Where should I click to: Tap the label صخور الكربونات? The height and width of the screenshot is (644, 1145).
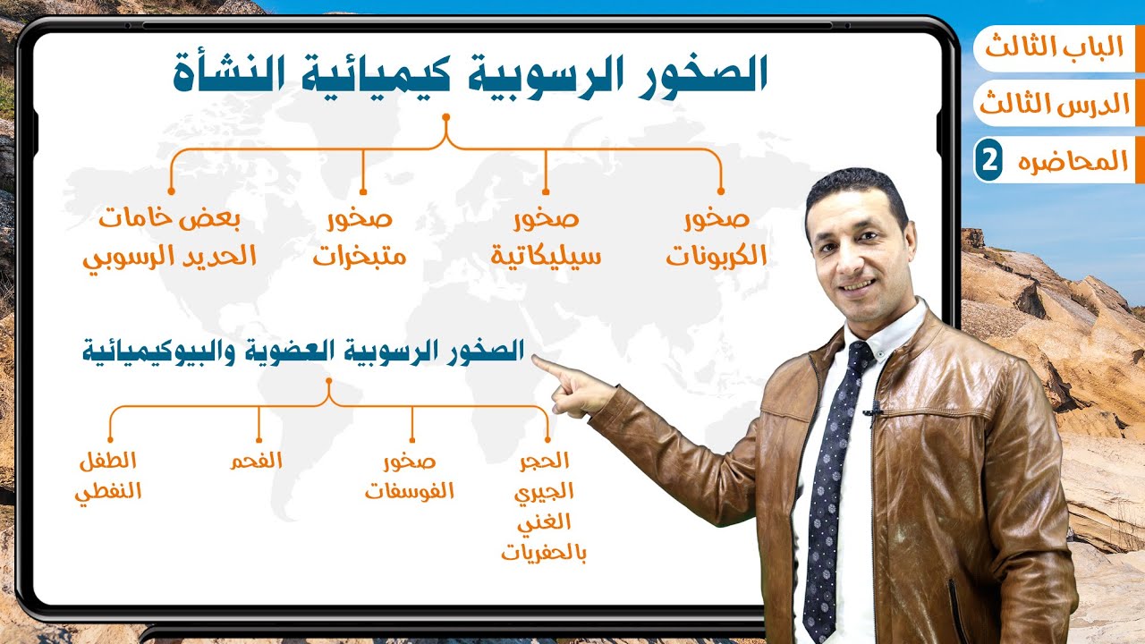pyautogui.click(x=717, y=239)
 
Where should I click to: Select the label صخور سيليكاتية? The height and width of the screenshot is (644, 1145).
pyautogui.click(x=546, y=239)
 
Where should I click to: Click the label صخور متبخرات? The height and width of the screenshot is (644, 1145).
pyautogui.click(x=360, y=239)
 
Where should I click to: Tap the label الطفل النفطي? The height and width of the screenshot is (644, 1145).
pyautogui.click(x=108, y=476)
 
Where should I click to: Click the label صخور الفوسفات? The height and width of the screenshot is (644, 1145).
pyautogui.click(x=410, y=476)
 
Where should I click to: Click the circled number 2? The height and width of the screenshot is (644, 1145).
pyautogui.click(x=988, y=162)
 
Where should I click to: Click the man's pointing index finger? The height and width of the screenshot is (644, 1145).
pyautogui.click(x=542, y=365)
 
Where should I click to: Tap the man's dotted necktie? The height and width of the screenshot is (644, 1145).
pyautogui.click(x=829, y=483)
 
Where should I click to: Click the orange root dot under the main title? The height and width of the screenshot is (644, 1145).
pyautogui.click(x=445, y=117)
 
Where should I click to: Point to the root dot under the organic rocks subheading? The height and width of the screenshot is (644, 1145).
pyautogui.click(x=329, y=382)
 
